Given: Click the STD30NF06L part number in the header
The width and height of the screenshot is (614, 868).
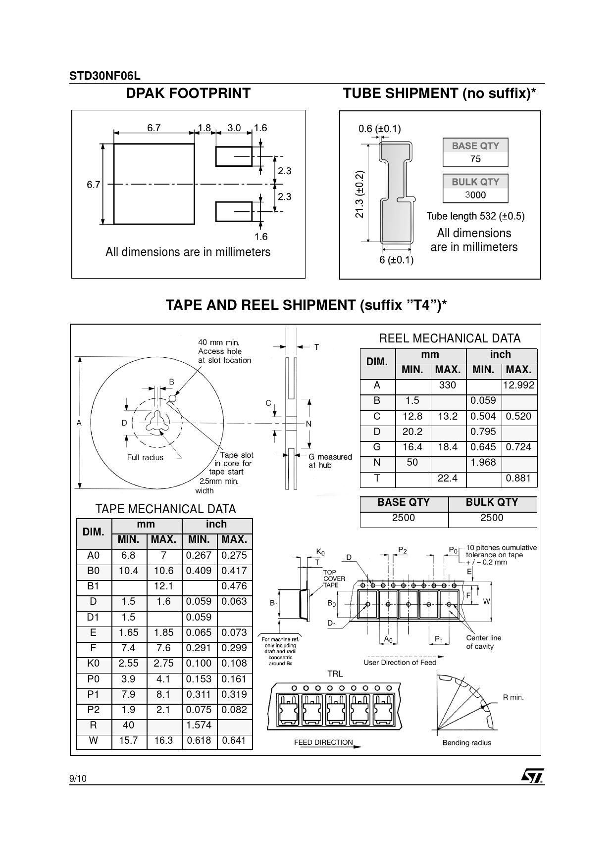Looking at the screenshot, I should coord(105,76).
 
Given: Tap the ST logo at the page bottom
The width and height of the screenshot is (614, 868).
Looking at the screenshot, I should coord(532,775).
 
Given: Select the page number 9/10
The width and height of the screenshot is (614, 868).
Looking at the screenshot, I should coord(78,779).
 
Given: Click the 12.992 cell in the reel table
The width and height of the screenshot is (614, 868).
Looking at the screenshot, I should coord(519,386).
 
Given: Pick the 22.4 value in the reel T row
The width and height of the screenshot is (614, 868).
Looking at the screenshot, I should coord(448,478).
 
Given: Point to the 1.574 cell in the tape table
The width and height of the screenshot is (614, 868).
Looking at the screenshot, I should coord(199,725).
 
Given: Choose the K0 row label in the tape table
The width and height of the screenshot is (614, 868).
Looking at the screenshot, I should coord(93,663).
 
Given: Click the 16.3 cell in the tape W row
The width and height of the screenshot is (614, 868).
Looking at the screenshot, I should coord(163,740).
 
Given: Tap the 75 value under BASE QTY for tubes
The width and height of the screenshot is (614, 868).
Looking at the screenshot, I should coord(475,159).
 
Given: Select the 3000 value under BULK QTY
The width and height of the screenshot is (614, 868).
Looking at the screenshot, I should coord(475,195).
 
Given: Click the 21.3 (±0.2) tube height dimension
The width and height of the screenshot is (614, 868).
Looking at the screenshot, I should coord(360,194).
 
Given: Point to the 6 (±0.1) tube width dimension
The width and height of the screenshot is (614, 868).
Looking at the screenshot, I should coord(397,260).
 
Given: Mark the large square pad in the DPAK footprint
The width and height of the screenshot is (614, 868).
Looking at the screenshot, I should coord(154,184).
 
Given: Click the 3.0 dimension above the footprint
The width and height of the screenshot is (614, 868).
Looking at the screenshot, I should coord(234,128).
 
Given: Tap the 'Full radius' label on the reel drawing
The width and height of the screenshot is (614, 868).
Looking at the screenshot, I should coord(145,457).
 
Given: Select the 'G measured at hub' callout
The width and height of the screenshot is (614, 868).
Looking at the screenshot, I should coord(330,461).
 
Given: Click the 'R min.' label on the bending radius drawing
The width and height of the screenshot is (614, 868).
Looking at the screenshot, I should coord(513,697).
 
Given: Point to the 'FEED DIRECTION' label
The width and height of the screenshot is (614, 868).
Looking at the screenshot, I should coord(323,742).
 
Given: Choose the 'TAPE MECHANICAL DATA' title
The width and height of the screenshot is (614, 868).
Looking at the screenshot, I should coord(165,509).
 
